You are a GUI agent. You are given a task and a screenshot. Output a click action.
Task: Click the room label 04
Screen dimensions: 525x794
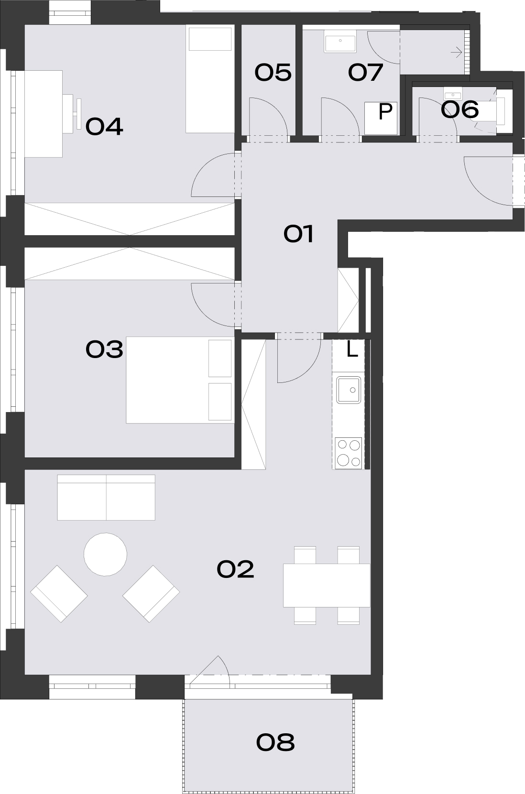104,127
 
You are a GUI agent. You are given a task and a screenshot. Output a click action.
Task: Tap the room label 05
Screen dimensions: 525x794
273,72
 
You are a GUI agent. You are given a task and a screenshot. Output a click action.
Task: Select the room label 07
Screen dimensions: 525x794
365,72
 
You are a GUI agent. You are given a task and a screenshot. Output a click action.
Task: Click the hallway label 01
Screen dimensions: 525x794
298,234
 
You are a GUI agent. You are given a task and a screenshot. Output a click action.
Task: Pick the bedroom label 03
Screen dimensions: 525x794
104,349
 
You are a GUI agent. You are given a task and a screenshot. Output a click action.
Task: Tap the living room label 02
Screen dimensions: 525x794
235,569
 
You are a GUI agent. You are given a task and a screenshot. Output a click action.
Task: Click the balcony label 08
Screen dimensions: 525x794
275,742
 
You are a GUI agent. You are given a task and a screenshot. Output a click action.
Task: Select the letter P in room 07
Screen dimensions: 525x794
385,111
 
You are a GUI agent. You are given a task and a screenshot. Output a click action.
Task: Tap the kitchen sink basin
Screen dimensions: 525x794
349,390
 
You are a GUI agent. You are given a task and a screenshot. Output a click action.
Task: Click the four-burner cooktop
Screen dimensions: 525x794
349,453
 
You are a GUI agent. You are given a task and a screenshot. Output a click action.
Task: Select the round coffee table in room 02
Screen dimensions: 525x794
105,555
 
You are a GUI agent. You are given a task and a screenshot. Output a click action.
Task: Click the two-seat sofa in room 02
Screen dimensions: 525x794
106,498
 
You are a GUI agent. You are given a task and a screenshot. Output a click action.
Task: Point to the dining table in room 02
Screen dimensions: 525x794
327,585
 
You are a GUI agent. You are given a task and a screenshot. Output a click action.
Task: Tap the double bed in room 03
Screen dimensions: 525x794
180,380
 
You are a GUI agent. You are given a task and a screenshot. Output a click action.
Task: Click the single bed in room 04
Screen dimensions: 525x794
210,79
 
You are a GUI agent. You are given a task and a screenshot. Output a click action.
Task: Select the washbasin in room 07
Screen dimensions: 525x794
340,41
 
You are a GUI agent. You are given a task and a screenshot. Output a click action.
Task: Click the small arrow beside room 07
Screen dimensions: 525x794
456,53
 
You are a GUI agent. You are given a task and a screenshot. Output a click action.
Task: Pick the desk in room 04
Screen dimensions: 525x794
44,114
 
